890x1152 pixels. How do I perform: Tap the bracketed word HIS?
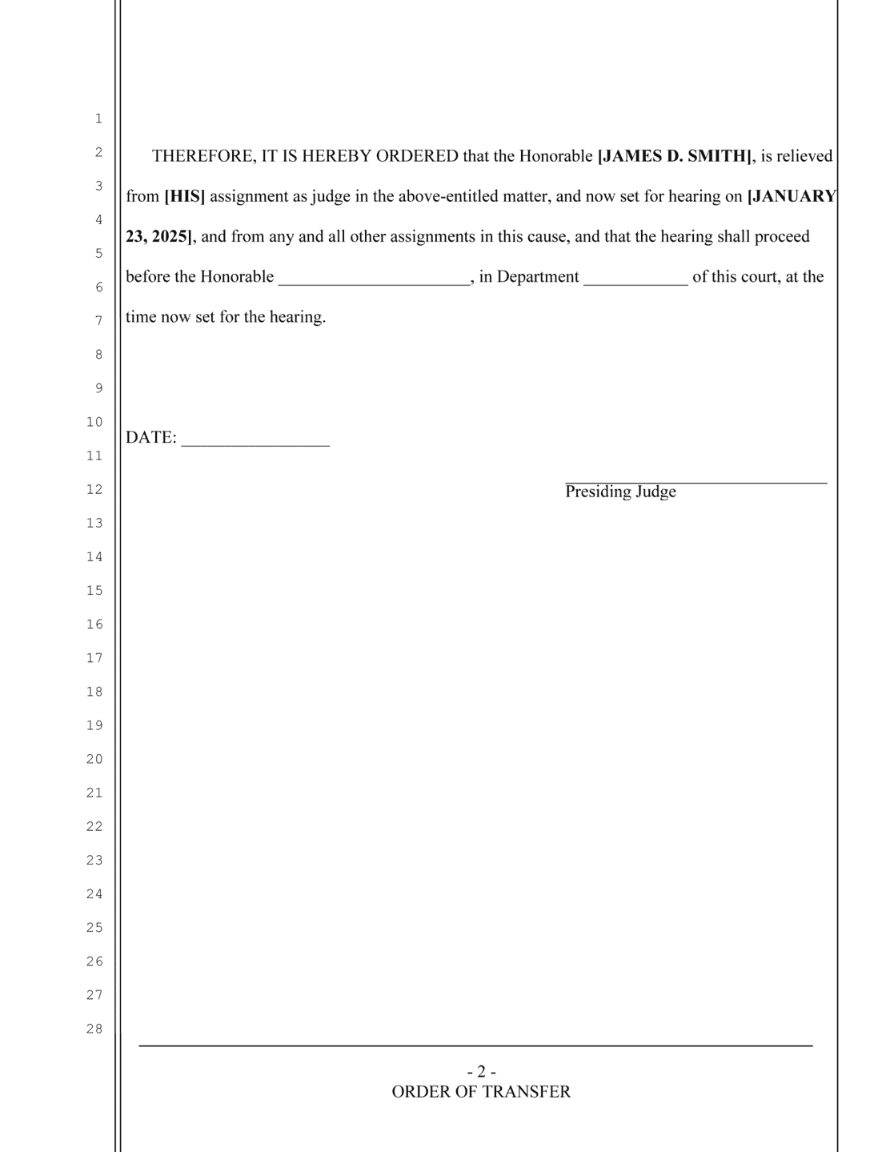tap(185, 196)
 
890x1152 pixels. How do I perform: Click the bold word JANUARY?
tap(792, 196)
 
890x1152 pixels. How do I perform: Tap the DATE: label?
tap(150, 437)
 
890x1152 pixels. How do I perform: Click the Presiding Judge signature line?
tap(696, 481)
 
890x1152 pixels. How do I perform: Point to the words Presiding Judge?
tap(620, 492)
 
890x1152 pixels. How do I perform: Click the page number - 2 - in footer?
tap(481, 1071)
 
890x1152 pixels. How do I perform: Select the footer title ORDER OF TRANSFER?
tap(481, 1092)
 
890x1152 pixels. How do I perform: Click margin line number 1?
tap(98, 118)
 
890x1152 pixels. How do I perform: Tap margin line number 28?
tap(94, 1029)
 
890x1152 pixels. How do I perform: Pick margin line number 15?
tap(94, 591)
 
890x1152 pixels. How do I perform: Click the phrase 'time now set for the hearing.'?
tap(226, 317)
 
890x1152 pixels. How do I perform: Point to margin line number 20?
tap(94, 759)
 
